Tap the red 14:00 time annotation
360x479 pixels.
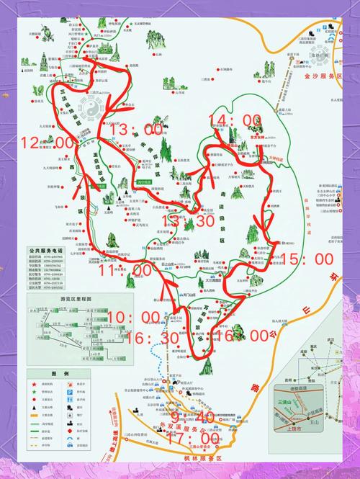pyautogui.click(x=233, y=120)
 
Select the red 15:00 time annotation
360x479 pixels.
pyautogui.click(x=307, y=259)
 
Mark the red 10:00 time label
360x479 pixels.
pyautogui.click(x=134, y=317)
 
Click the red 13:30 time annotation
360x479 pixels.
pyautogui.click(x=189, y=221)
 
